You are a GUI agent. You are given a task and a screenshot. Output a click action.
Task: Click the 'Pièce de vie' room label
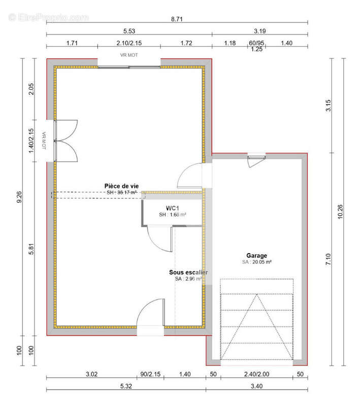pos(121,186)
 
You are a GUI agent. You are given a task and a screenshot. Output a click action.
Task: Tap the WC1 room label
pos(172,208)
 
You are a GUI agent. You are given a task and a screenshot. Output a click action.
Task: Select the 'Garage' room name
pos(256,256)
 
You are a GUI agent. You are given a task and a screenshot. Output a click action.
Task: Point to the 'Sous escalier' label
pos(188,273)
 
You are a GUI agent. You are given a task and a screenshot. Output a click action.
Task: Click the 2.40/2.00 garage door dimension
pos(257,375)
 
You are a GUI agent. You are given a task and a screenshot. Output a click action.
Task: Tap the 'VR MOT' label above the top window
pos(129,55)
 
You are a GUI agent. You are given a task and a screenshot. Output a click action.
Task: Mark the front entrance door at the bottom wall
pos(151,317)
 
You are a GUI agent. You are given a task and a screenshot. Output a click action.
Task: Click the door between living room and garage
pos(191,175)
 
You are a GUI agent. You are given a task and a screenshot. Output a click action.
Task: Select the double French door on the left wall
pos(64,141)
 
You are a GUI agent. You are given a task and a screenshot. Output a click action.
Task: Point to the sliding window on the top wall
pos(129,67)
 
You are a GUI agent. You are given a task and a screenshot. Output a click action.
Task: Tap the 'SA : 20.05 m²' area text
pos(256,262)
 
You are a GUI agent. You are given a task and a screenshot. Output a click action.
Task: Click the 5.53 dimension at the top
pos(129,30)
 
